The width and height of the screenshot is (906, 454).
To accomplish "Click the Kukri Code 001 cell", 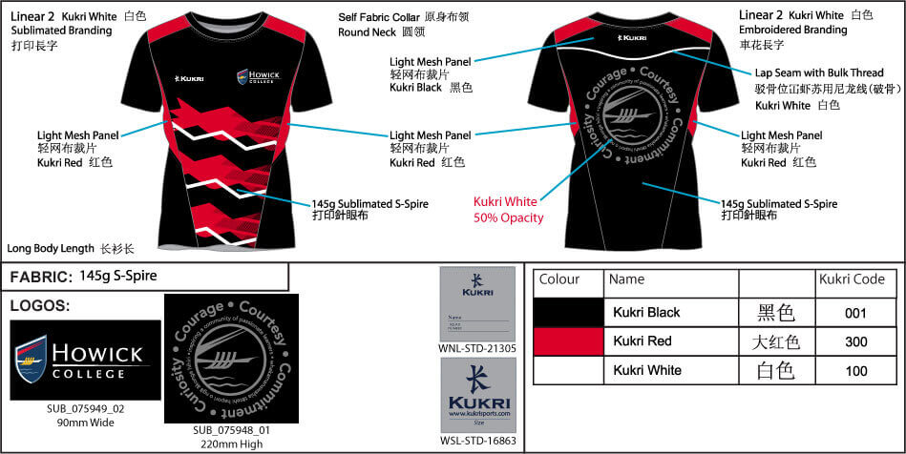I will tap(855, 312).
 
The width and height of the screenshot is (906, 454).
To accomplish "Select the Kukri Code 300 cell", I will tap(855, 341).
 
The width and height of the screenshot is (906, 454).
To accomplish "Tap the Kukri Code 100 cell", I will tap(855, 371).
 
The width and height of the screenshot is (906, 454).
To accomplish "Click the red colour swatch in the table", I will tap(568, 341).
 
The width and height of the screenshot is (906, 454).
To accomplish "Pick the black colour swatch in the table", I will tap(568, 312).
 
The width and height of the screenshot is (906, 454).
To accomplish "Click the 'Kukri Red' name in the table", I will tap(642, 341).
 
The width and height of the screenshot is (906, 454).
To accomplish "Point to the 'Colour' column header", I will tap(559, 280).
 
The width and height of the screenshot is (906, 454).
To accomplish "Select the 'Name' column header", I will tap(626, 280).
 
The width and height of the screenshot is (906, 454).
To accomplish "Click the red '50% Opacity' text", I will tap(509, 218).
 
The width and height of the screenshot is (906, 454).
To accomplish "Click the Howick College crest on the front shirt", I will tap(244, 77).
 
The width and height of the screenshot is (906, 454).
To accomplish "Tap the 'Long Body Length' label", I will tap(56, 248).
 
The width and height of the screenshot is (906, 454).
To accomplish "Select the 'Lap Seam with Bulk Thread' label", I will tap(818, 72).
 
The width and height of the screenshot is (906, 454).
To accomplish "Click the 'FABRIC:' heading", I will tap(40, 278).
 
